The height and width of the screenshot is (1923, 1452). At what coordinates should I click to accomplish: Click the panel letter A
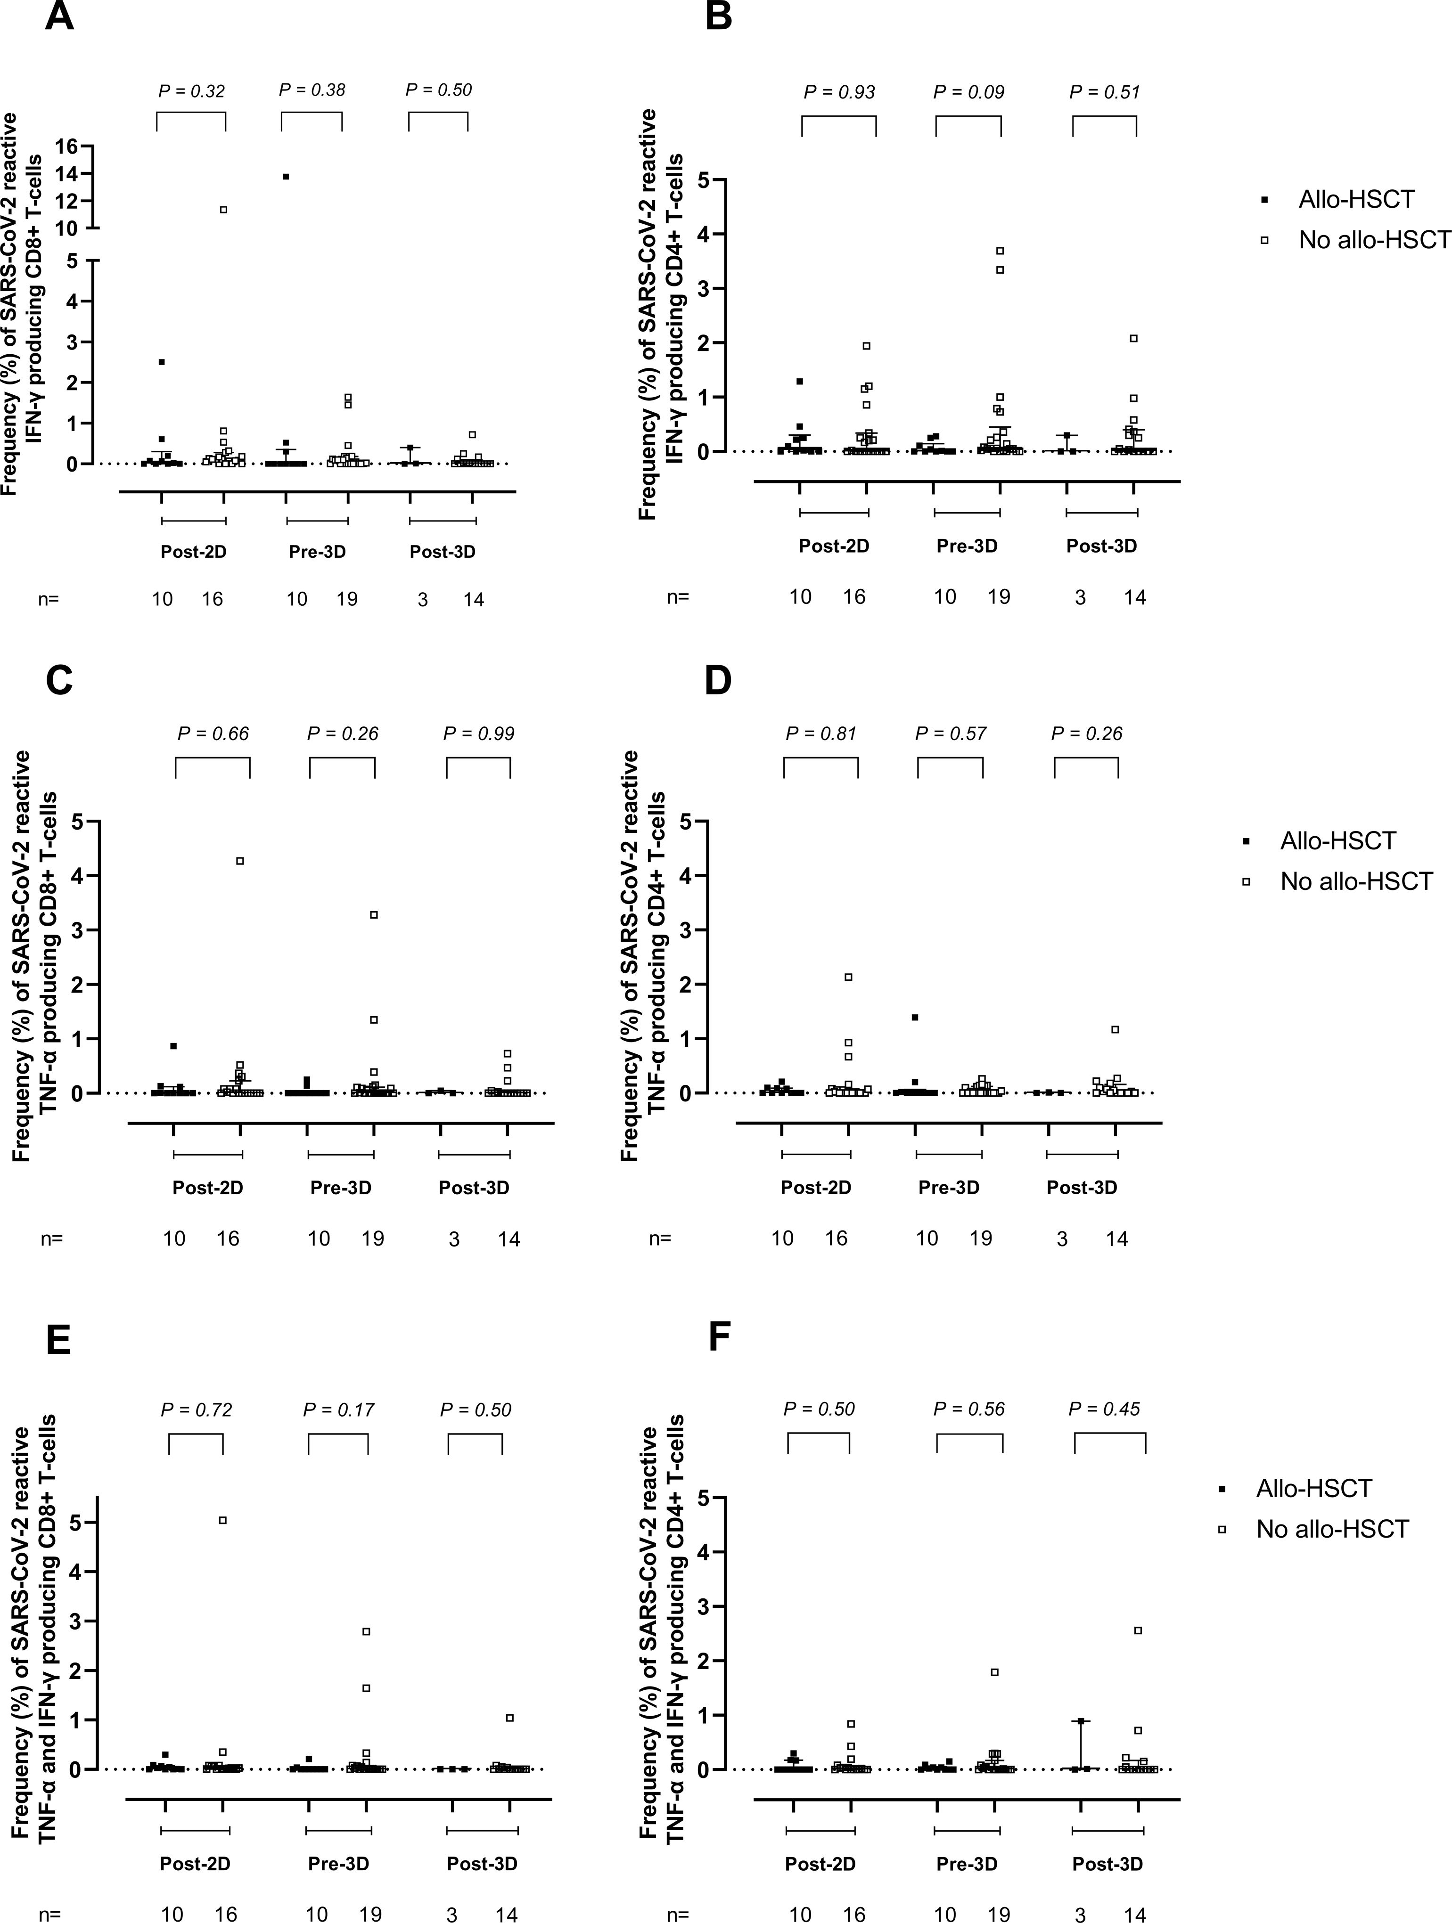click(x=58, y=16)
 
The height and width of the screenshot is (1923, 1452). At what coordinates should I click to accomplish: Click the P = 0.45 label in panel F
click(x=1104, y=1409)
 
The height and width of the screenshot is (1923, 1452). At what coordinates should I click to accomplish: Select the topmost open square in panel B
click(x=1001, y=250)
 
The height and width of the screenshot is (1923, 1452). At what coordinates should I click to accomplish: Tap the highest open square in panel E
click(x=222, y=1520)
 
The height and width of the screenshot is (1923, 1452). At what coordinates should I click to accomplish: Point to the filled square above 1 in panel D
click(x=915, y=1017)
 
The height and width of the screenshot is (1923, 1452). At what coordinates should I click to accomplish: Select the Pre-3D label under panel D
click(x=949, y=1188)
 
